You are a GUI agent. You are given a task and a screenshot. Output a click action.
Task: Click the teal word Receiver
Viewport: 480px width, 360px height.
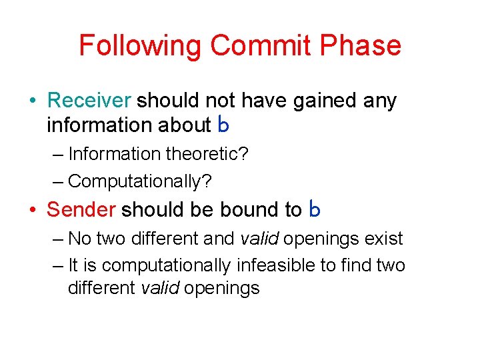(89, 101)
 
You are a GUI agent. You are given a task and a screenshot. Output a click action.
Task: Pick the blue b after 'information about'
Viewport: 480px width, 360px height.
(223, 125)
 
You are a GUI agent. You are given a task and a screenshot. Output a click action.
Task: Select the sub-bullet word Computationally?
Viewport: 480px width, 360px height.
(134, 181)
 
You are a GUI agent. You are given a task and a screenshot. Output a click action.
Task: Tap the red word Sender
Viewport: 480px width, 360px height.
(81, 210)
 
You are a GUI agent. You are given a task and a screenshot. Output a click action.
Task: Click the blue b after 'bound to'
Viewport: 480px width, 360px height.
(315, 210)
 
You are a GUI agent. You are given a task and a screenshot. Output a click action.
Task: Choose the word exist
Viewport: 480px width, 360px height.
(385, 239)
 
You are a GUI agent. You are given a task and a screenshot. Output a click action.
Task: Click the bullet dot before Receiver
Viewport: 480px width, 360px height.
(33, 101)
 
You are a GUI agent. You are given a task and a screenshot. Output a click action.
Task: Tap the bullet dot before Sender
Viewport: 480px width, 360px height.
(33, 211)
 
